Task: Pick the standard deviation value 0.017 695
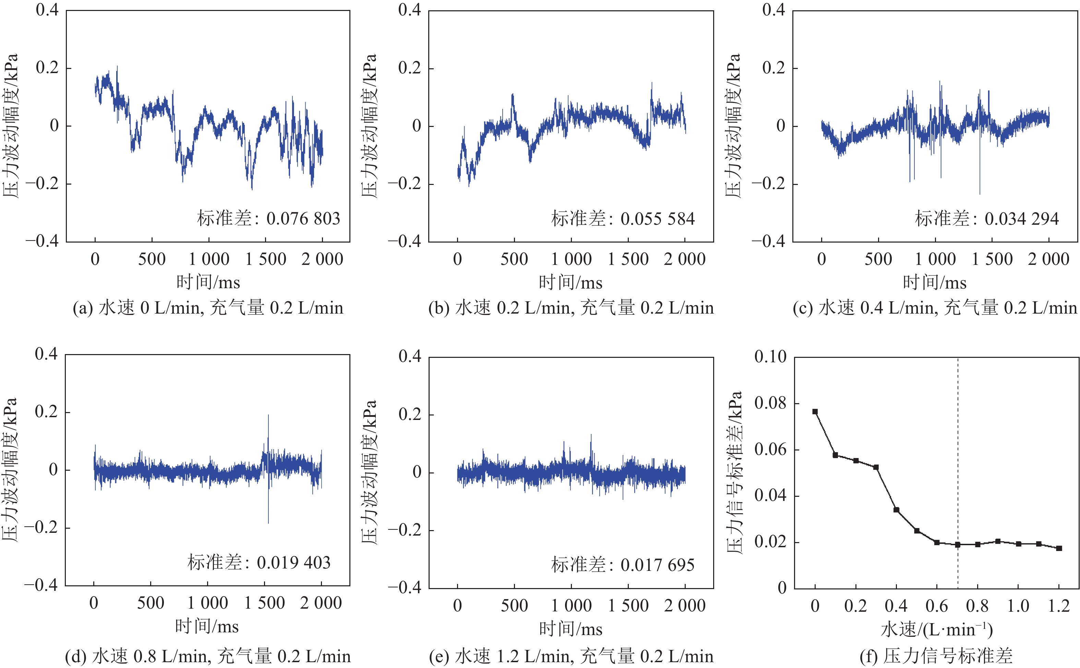(658, 565)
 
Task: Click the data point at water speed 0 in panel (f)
(815, 412)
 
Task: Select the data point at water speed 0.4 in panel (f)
(896, 510)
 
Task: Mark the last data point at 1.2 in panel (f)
(1059, 548)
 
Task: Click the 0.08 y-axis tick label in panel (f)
(770, 403)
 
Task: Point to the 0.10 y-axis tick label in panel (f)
(770, 356)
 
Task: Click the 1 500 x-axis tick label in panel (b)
(628, 259)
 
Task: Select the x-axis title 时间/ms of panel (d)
(207, 626)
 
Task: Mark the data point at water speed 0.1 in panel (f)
(836, 455)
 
